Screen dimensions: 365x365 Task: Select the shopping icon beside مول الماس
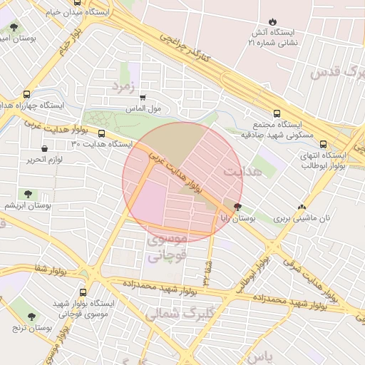(x=143, y=98)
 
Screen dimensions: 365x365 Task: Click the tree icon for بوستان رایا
(x=237, y=207)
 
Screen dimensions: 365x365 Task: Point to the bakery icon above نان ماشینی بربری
(x=311, y=207)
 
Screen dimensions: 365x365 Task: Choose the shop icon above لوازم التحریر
(x=45, y=148)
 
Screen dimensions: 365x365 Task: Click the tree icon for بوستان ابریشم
(x=28, y=193)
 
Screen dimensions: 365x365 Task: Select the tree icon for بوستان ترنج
(x=31, y=316)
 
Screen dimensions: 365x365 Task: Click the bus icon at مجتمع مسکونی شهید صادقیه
(x=277, y=113)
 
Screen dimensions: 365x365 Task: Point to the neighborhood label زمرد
(x=123, y=86)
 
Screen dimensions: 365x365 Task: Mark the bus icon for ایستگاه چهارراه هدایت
(x=27, y=93)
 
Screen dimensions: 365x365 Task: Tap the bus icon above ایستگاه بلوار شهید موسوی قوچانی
(x=85, y=292)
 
